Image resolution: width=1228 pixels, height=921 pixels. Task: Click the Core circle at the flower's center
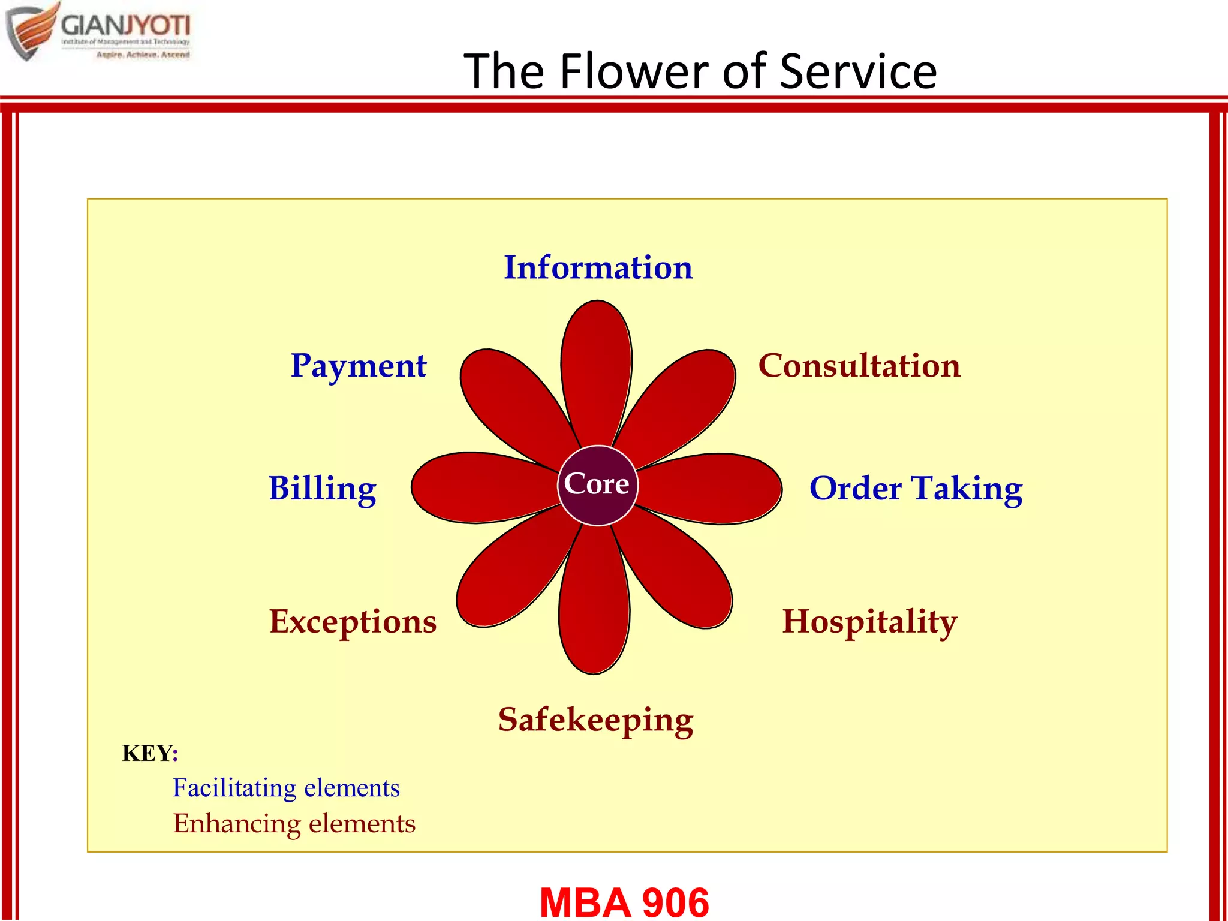pos(597,485)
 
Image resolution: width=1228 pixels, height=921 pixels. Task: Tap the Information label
pos(598,267)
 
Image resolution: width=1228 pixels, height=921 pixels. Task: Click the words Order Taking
pos(915,488)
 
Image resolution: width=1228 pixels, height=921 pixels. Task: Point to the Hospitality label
pos(869,621)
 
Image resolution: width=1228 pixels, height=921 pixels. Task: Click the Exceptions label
pos(353,621)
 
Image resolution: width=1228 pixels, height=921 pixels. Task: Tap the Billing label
pos(323,488)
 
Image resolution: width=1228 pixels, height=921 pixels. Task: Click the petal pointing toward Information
pos(596,366)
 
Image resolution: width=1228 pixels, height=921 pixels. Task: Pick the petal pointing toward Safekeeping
pos(594,606)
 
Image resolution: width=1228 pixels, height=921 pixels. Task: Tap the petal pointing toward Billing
pos(474,487)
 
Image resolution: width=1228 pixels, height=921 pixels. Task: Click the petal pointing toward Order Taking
pos(717,488)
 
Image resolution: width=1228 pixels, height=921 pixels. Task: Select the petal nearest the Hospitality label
pos(684,576)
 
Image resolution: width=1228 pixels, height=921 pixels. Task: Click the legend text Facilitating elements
pos(286,788)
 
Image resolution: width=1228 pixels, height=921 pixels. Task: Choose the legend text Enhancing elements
pos(294,823)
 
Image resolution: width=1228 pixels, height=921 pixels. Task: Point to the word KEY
pos(147,753)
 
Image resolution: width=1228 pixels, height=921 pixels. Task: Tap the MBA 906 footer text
pos(624,902)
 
